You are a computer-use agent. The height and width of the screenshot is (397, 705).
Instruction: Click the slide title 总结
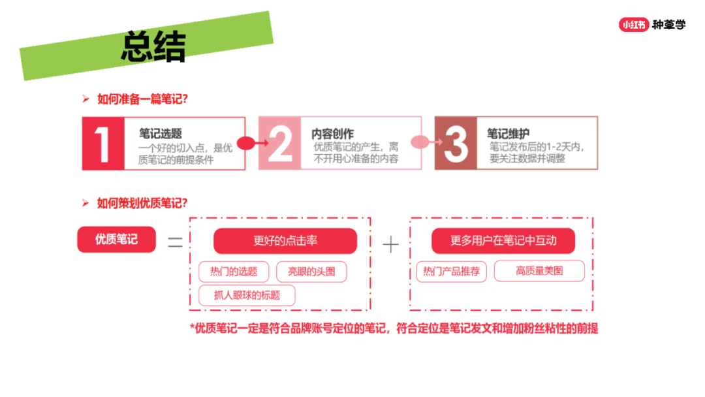coord(153,46)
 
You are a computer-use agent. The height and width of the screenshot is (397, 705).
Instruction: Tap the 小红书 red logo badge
coord(633,24)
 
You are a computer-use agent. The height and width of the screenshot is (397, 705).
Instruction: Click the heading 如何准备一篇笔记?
coord(142,99)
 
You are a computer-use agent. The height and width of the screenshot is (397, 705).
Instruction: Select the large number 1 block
coord(103,144)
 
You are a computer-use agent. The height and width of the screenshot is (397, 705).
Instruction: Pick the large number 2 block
coord(279,144)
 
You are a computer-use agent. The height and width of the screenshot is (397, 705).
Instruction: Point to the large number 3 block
coord(456,144)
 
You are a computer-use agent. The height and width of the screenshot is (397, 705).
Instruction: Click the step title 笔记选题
coord(161,134)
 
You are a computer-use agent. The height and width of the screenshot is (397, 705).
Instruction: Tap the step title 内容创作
coord(333,134)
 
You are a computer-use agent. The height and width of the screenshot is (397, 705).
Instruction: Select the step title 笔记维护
coord(508,134)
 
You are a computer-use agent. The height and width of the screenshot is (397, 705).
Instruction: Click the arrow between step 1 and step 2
coord(253,143)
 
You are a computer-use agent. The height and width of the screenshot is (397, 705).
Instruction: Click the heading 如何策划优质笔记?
coord(142,203)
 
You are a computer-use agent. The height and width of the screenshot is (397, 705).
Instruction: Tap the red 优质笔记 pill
coord(116,239)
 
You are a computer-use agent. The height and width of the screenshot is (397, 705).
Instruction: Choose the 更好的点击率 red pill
coord(285,240)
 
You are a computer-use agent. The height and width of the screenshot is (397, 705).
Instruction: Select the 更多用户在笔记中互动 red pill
coord(503,240)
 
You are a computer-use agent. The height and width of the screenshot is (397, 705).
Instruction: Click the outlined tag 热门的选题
coord(234,272)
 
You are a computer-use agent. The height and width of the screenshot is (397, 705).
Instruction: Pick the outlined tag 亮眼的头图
coord(311,272)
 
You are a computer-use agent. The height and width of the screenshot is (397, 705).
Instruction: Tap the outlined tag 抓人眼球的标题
coord(247,295)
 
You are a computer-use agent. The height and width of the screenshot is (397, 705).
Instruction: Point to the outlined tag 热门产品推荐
coord(452,271)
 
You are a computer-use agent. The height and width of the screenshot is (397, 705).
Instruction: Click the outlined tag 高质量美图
coord(540,271)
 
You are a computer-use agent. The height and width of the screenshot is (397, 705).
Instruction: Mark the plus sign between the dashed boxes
coord(391,245)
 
